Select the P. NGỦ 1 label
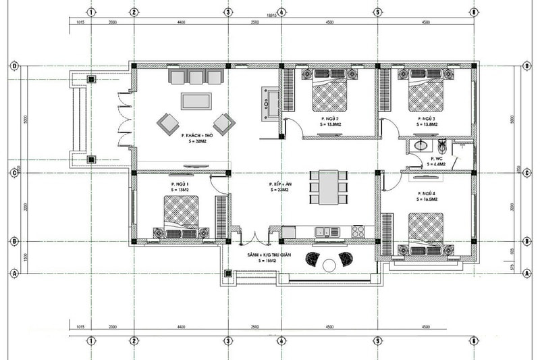(x=180, y=184)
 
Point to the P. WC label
(x=437, y=157)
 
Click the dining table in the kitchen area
(x=329, y=187)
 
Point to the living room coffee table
(x=196, y=101)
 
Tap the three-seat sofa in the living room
(x=196, y=78)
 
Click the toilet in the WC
(x=443, y=145)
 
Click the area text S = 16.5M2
(x=427, y=201)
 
